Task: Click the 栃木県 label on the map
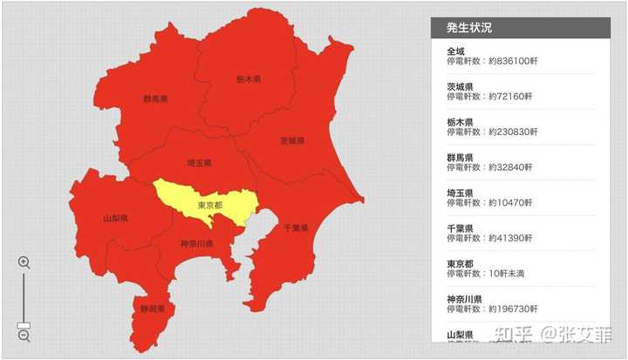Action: tap(249, 78)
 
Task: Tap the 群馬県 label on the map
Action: tap(155, 99)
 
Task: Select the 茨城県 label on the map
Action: tap(292, 140)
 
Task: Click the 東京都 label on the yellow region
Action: tap(210, 206)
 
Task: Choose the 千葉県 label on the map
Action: tap(296, 228)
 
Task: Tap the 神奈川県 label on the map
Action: tap(197, 244)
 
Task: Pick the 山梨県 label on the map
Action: tap(115, 218)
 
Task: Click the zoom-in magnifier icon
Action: tap(24, 262)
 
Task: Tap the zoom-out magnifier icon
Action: tap(24, 335)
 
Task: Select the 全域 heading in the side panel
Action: tap(456, 51)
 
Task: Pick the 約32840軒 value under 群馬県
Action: tap(510, 167)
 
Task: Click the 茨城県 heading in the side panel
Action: tap(460, 86)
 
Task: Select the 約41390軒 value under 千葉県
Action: tap(510, 238)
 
